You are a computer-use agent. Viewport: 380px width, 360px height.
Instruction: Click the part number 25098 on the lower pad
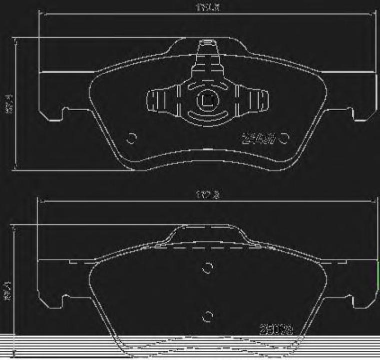[276, 330]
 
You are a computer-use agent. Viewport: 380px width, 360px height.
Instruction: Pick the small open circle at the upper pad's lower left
[132, 139]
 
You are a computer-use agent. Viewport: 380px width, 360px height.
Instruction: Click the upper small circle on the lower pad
[207, 268]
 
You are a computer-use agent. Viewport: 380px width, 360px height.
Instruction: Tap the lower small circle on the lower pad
[207, 316]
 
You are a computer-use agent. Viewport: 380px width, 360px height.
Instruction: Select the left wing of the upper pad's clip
[161, 100]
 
